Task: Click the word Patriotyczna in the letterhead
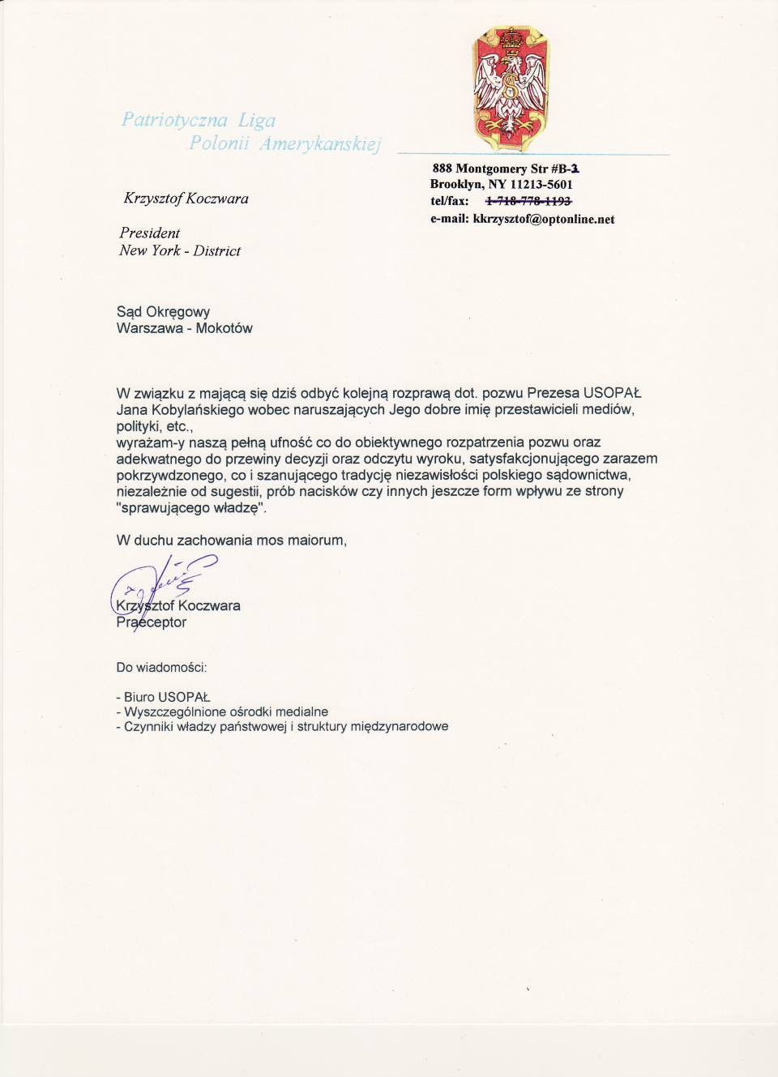pos(174,120)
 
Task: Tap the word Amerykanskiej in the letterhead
pos(320,144)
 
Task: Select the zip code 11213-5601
pos(541,185)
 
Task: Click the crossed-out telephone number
pos(528,201)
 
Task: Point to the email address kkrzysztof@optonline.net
pos(544,219)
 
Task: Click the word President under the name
pos(150,233)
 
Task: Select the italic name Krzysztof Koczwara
pos(186,199)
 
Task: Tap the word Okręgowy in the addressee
pos(177,312)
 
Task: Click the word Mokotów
pos(224,328)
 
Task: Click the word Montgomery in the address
pos(491,169)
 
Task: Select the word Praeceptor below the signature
pos(152,622)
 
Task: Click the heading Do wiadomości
pos(162,668)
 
